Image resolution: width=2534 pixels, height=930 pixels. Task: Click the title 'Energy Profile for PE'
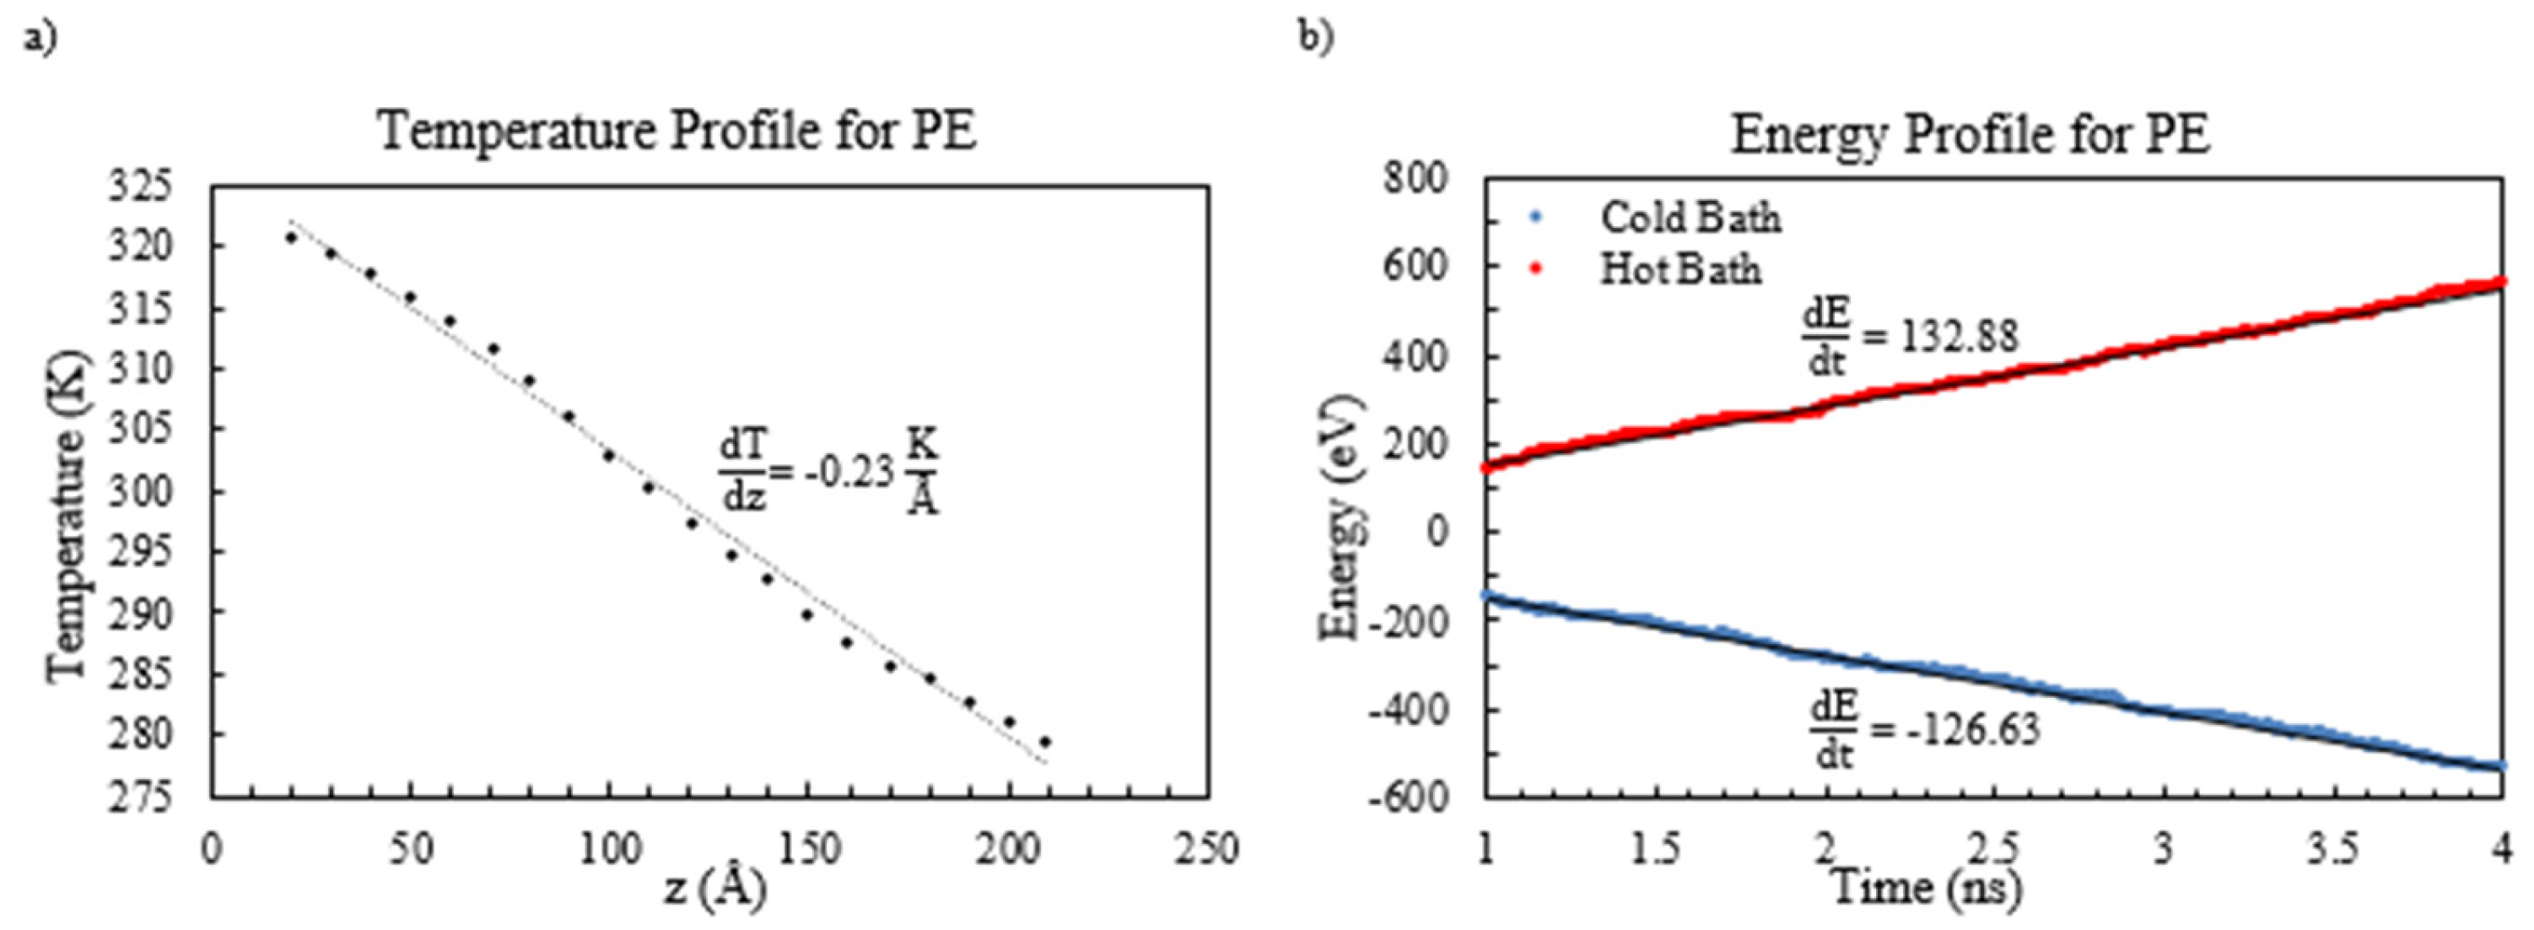point(1971,134)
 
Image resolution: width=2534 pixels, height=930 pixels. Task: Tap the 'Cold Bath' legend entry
point(1689,218)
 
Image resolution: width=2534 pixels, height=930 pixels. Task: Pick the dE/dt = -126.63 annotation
point(1924,730)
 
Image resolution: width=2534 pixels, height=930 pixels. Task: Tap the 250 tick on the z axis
point(1207,849)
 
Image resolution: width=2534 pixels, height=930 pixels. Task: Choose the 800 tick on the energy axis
point(1415,178)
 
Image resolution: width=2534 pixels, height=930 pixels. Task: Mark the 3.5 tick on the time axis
point(2332,848)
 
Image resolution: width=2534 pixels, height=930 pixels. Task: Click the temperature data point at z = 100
point(609,456)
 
